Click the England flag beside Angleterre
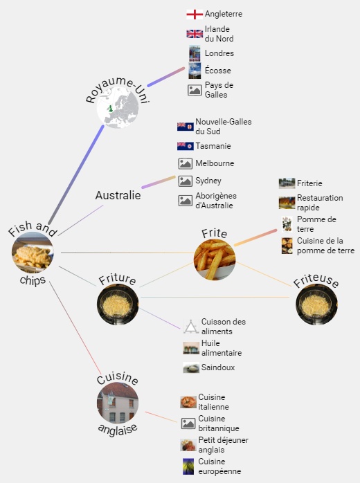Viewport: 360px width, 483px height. [x=195, y=14]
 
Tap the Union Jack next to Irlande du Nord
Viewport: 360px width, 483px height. [x=195, y=34]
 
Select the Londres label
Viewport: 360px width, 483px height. [x=219, y=53]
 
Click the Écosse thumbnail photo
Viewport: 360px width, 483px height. [x=195, y=71]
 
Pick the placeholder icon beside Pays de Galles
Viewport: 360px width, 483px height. [x=195, y=90]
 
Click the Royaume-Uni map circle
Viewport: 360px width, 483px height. [x=118, y=107]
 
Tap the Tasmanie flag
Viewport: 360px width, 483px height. [x=186, y=146]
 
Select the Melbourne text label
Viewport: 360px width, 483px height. [x=215, y=163]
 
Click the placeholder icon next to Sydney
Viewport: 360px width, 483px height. [x=186, y=181]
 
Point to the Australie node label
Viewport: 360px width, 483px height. [x=118, y=195]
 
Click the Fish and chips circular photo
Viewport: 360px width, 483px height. [x=33, y=253]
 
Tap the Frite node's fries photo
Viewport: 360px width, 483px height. [x=215, y=259]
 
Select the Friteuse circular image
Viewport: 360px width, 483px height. [x=316, y=304]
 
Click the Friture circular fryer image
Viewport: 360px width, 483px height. [x=118, y=304]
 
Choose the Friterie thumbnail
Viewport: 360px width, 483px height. [x=287, y=183]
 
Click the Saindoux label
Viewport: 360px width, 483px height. [x=218, y=367]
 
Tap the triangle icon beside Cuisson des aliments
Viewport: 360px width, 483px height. [x=191, y=327]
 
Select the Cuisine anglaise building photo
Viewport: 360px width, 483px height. [x=118, y=403]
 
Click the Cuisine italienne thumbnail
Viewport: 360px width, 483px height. [x=188, y=402]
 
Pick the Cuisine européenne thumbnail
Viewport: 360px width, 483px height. [x=188, y=466]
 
